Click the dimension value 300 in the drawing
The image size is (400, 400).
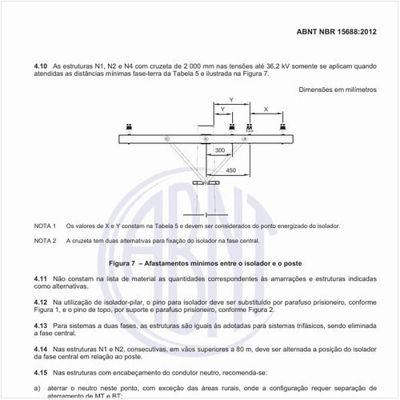[x=219, y=150]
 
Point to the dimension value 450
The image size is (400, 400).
[x=230, y=170]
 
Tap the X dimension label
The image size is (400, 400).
[x=266, y=107]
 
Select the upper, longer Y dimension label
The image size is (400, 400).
[x=232, y=100]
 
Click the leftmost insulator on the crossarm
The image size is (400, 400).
[x=129, y=127]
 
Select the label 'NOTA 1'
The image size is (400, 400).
[x=45, y=227]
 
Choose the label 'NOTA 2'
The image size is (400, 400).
[x=45, y=240]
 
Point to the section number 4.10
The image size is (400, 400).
[x=41, y=63]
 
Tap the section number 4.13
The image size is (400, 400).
[x=41, y=326]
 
